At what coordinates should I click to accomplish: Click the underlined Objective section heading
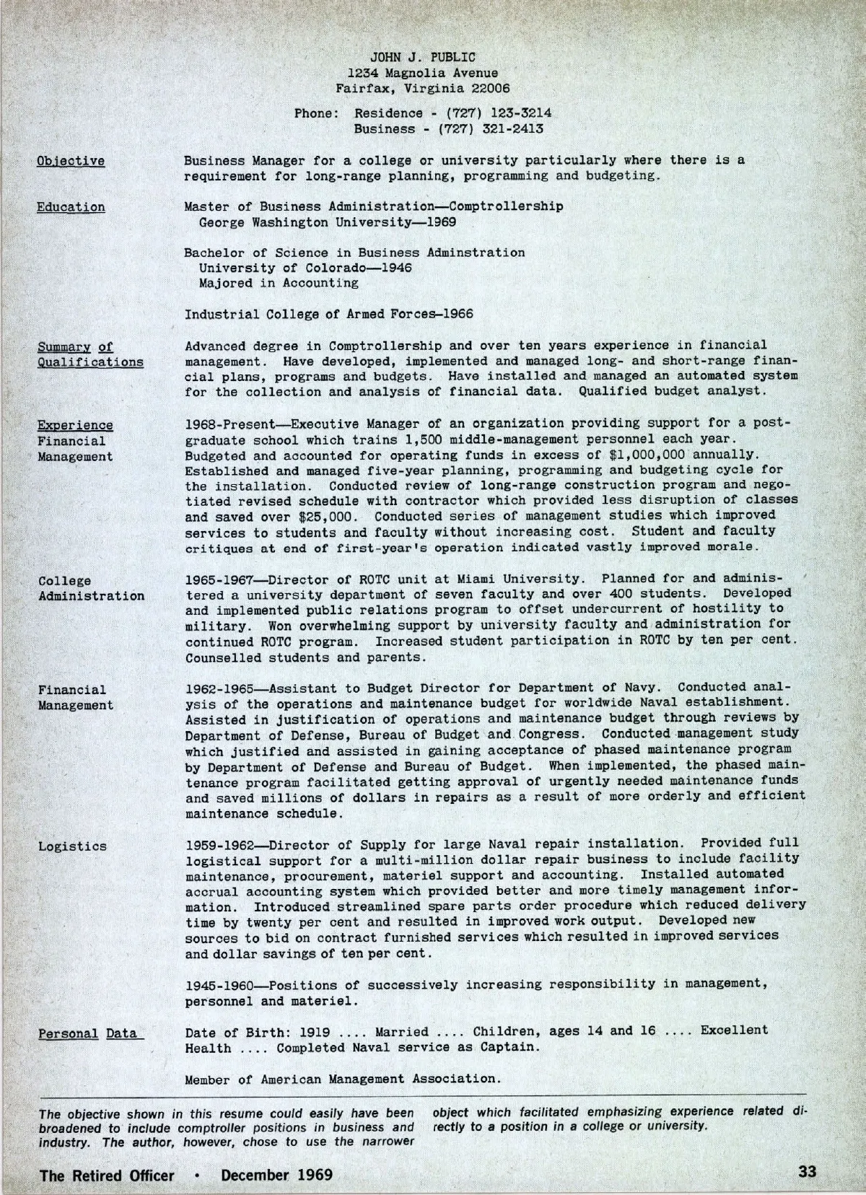click(71, 161)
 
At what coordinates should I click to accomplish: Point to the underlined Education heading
click(71, 207)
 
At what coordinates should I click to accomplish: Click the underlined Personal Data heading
click(87, 1033)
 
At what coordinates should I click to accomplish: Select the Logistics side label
click(72, 846)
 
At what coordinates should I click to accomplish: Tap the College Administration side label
click(91, 588)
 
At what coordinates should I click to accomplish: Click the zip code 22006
click(487, 89)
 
